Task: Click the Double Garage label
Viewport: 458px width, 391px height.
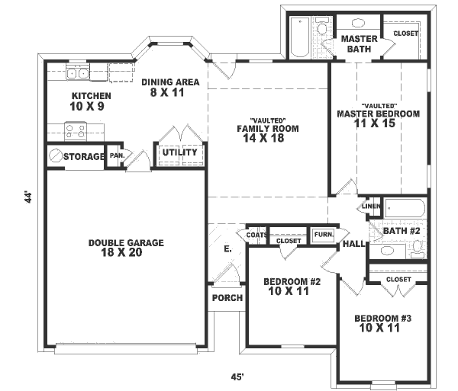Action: pyautogui.click(x=126, y=243)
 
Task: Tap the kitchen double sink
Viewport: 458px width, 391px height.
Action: pyautogui.click(x=77, y=73)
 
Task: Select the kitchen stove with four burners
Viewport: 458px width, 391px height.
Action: pyautogui.click(x=75, y=131)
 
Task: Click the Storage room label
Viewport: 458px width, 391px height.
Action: pyautogui.click(x=84, y=157)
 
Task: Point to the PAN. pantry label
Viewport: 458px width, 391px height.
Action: pyautogui.click(x=117, y=155)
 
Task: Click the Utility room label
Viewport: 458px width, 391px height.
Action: pyautogui.click(x=179, y=152)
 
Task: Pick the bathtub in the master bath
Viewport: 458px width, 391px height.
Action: pyautogui.click(x=298, y=37)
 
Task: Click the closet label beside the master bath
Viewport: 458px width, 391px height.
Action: pyautogui.click(x=405, y=34)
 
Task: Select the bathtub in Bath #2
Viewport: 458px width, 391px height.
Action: pyautogui.click(x=405, y=208)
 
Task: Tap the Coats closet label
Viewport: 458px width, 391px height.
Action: pyautogui.click(x=256, y=235)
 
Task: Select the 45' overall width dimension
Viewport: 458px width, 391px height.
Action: pyautogui.click(x=238, y=377)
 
